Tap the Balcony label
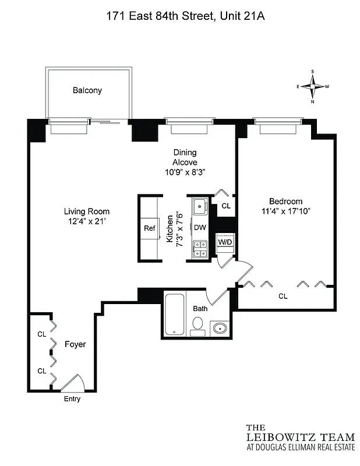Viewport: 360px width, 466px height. [87, 90]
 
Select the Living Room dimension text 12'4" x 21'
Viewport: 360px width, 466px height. [87, 221]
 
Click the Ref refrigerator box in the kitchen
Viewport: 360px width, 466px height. [150, 228]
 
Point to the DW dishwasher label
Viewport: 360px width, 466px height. [200, 228]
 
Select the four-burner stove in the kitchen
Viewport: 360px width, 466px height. [200, 249]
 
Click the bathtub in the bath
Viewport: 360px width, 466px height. [174, 315]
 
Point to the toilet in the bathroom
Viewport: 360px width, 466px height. [198, 324]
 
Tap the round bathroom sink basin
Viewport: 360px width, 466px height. [220, 329]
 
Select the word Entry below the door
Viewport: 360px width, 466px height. [72, 399]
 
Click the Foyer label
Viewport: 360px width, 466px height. [75, 344]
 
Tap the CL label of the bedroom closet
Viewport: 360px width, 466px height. [283, 296]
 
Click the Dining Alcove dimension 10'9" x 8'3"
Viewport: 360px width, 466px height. [184, 171]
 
